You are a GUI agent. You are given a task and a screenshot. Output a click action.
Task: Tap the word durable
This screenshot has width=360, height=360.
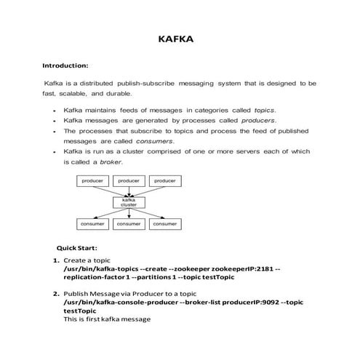coord(119,94)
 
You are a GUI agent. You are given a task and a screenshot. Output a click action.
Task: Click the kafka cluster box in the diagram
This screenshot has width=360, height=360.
coord(129,202)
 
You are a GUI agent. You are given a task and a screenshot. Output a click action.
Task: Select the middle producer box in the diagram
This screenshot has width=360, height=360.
coord(129,180)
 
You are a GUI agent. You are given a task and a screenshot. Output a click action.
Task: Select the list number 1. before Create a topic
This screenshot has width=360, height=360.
coord(56,260)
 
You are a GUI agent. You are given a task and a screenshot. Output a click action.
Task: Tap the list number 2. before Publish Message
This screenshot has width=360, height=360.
coord(56,293)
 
